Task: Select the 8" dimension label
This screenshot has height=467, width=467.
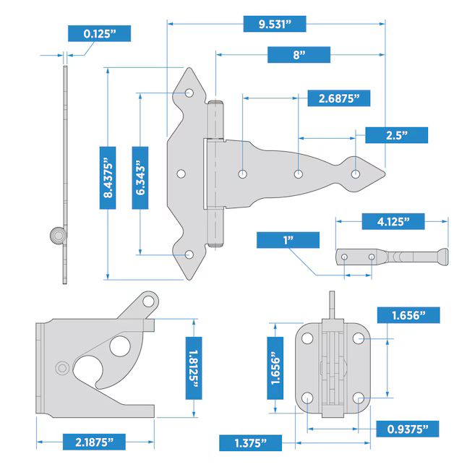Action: pyautogui.click(x=299, y=55)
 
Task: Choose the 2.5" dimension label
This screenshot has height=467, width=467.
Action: pyautogui.click(x=396, y=135)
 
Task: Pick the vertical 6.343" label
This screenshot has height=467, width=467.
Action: pyautogui.click(x=141, y=177)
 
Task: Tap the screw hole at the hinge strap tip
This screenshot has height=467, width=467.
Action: pyautogui.click(x=356, y=174)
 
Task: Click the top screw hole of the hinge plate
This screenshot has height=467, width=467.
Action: pyautogui.click(x=190, y=93)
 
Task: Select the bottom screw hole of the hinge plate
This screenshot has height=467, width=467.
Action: pyautogui.click(x=190, y=254)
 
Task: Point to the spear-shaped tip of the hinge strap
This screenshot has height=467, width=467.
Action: pyautogui.click(x=372, y=174)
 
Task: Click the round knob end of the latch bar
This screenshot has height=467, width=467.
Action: pyautogui.click(x=442, y=255)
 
